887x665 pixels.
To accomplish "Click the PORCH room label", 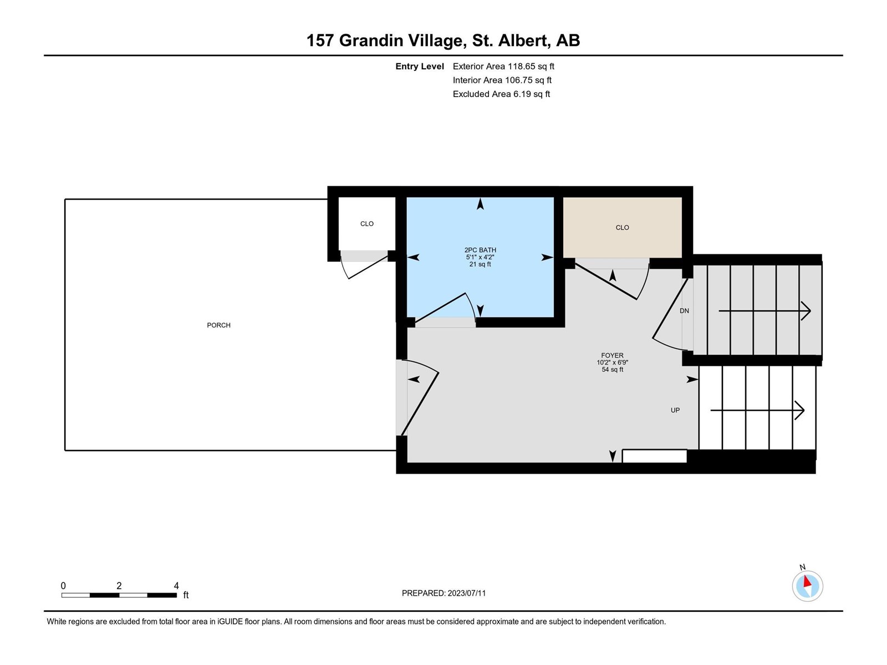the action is (218, 325).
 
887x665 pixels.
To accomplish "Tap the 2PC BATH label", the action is (480, 250).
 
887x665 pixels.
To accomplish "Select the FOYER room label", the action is (612, 355).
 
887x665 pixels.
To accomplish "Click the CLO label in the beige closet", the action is (623, 227).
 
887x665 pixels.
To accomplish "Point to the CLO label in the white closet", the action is (367, 224).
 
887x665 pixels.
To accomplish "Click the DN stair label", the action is (684, 310).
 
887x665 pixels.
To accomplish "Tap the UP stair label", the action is (675, 410).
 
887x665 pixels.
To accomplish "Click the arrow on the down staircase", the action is (764, 311).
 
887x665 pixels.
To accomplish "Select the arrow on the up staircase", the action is (757, 410).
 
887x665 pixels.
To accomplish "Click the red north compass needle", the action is (807, 581).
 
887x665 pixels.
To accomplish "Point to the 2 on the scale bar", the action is (119, 585).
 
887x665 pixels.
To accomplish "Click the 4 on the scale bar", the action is (176, 585).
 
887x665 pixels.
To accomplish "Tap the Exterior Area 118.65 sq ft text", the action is (503, 66).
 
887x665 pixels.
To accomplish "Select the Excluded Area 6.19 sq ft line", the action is (502, 94).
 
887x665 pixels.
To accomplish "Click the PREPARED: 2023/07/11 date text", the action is (443, 593).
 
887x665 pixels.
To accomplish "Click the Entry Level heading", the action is (420, 66).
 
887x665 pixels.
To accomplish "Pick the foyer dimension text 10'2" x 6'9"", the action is (612, 362).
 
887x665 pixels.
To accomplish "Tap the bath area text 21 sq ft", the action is (480, 264).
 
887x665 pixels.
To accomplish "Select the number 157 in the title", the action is (320, 40).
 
